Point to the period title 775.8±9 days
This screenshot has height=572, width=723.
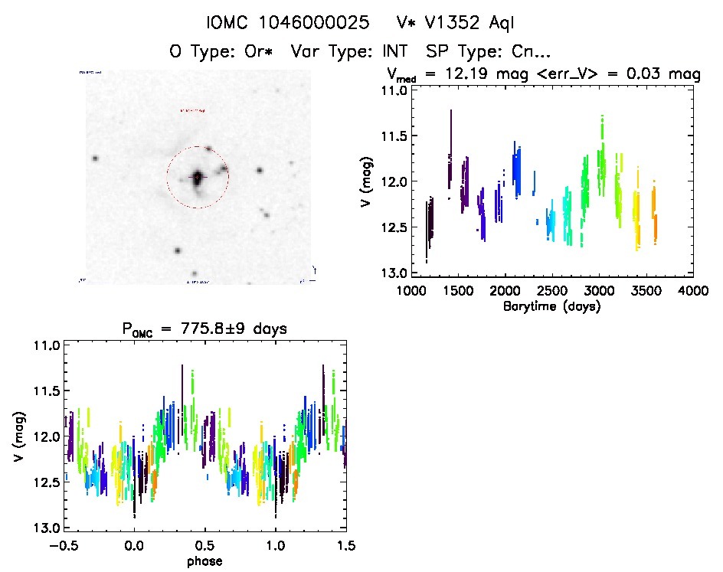coord(204,329)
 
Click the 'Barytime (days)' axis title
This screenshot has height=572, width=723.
coord(552,306)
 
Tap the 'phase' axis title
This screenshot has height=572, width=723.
coord(204,561)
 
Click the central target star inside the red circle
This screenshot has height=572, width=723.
coord(198,178)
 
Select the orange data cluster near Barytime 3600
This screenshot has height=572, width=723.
coord(655,214)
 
